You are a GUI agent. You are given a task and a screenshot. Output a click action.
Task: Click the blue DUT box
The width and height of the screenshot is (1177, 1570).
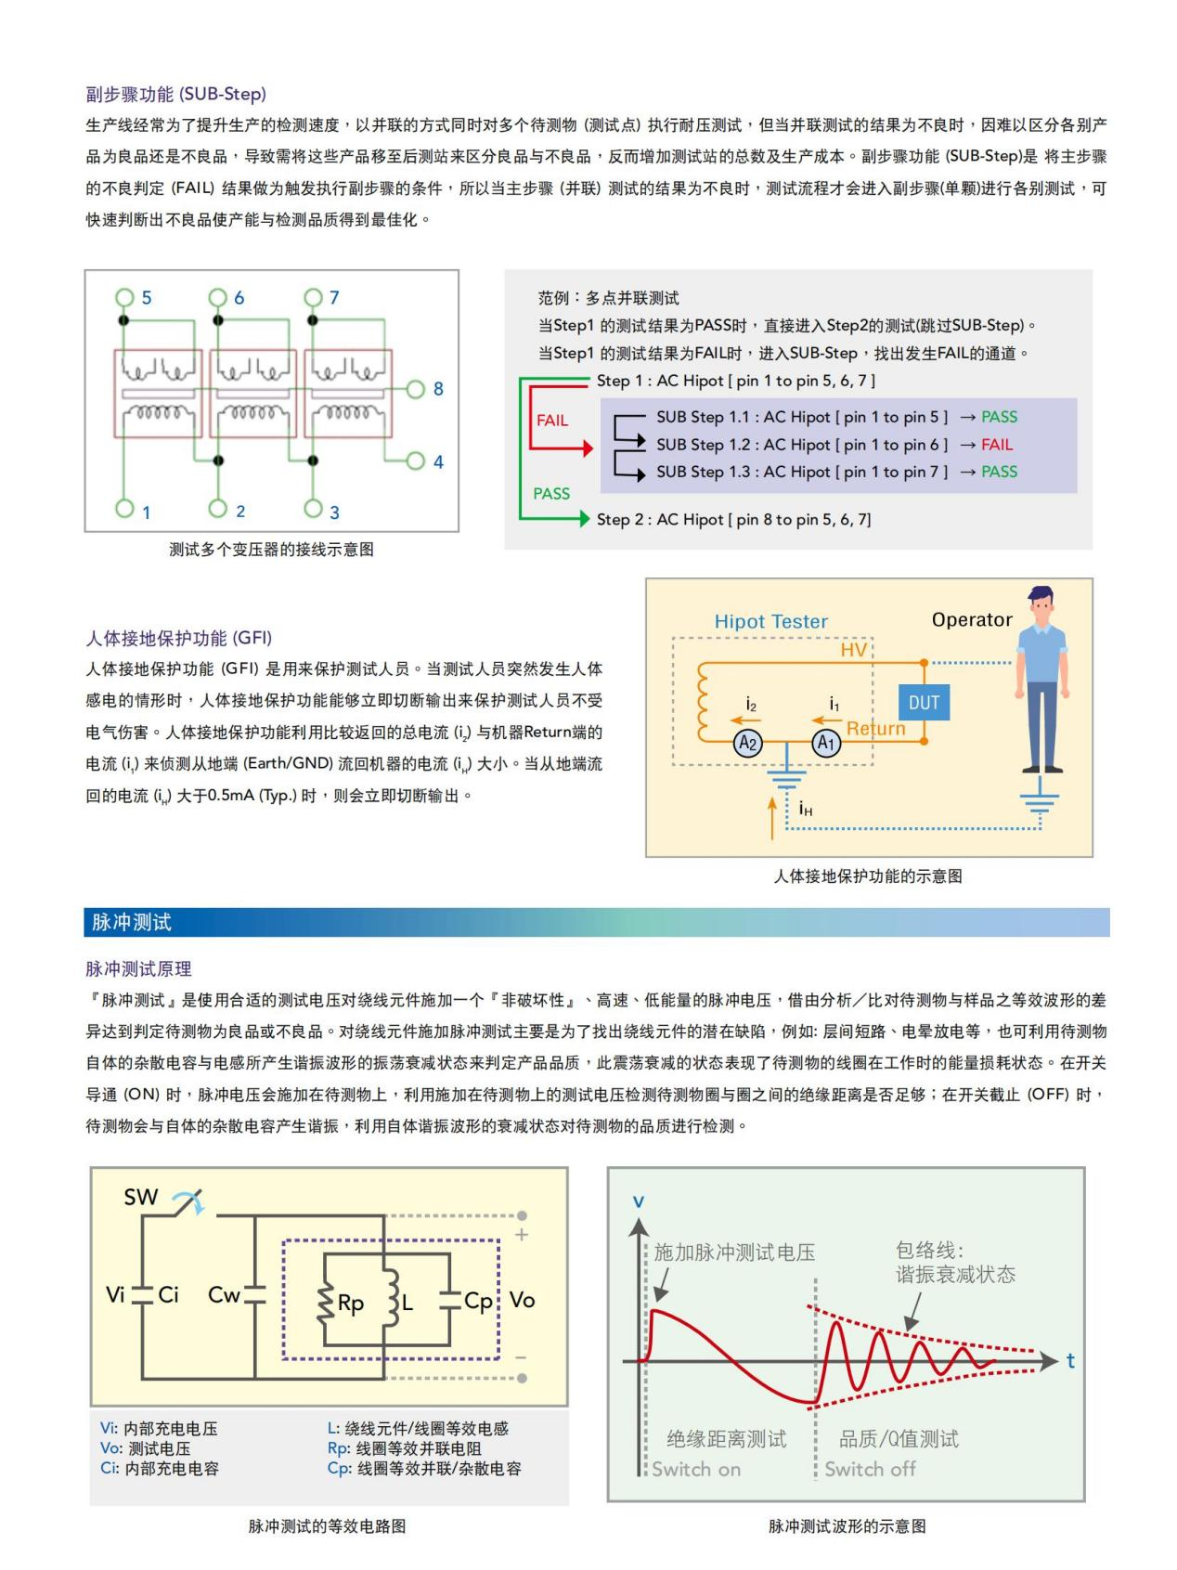click(924, 703)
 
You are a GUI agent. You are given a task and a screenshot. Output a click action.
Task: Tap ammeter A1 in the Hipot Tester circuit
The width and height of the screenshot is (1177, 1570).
click(826, 743)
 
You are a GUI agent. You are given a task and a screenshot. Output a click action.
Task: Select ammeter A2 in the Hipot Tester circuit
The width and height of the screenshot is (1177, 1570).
click(748, 743)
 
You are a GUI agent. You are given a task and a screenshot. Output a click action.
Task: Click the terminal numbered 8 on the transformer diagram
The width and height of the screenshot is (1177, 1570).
click(416, 389)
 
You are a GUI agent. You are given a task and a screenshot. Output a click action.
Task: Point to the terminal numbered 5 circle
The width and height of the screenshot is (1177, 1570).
click(124, 297)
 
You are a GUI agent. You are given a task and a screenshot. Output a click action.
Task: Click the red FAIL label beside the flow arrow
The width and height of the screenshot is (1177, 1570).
click(552, 421)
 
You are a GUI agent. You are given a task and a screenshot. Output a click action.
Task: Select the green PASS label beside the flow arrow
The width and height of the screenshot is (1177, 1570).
click(551, 494)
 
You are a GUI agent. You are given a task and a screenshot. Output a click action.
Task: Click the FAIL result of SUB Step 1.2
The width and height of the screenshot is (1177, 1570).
click(997, 445)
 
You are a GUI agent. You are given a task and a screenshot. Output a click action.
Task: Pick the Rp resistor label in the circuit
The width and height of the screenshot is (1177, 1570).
click(351, 1304)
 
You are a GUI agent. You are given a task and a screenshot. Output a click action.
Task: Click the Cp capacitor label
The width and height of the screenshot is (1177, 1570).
click(478, 1302)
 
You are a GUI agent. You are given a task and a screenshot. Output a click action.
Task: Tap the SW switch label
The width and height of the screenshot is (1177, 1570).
click(141, 1198)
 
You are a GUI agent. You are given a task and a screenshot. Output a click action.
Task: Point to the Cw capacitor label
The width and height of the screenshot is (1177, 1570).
click(224, 1295)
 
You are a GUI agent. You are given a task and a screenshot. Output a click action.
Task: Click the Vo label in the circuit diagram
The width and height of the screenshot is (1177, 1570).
click(522, 1300)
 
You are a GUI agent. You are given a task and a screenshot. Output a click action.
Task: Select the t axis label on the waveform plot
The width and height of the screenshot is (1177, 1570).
click(1070, 1361)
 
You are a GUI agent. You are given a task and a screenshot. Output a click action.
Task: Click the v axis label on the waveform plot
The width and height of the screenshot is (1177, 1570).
click(638, 1201)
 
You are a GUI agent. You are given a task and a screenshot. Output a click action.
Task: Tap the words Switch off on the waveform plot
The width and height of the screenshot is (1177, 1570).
click(870, 1469)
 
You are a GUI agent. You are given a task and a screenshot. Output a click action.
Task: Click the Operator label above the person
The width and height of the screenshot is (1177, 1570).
click(972, 620)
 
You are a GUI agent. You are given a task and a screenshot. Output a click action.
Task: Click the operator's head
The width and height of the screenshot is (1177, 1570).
click(1041, 603)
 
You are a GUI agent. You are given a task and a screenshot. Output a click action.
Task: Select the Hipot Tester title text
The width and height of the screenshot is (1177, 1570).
click(770, 622)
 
